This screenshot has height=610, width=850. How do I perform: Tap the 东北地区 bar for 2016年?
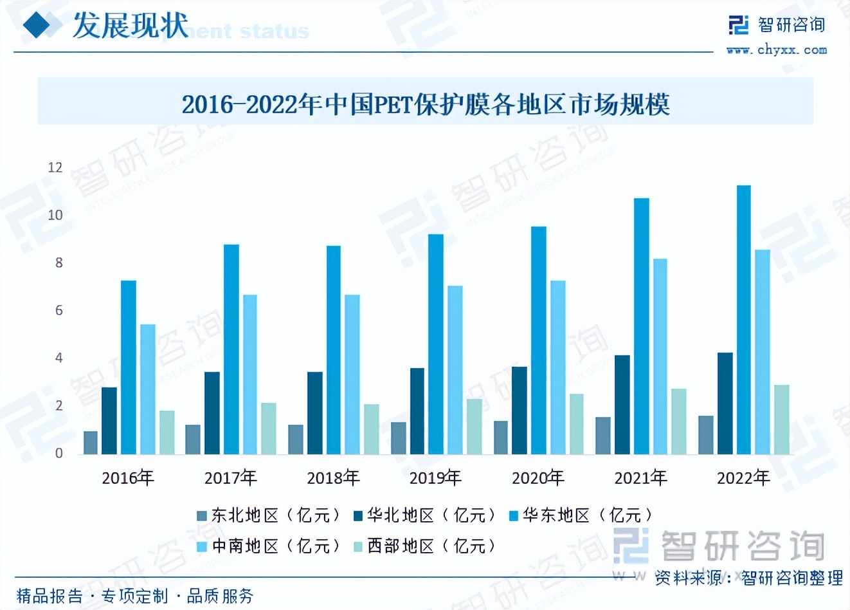91,443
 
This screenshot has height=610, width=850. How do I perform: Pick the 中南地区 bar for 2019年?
455,370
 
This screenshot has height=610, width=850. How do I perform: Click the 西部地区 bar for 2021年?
679,421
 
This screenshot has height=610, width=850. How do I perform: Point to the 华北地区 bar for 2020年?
520,411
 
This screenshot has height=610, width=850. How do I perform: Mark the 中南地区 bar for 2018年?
352,374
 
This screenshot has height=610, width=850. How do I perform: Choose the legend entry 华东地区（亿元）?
581,515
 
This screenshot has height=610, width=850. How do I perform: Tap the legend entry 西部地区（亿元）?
426,546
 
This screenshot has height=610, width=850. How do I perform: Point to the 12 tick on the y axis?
55,168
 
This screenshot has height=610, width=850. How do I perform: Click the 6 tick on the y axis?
59,311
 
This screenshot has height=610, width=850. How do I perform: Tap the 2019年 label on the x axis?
435,478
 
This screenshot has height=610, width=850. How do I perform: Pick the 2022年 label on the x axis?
743,478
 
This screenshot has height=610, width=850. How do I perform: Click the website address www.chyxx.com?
777,50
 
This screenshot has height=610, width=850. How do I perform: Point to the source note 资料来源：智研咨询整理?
748,578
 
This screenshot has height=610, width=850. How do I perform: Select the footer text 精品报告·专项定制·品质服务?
135,596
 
